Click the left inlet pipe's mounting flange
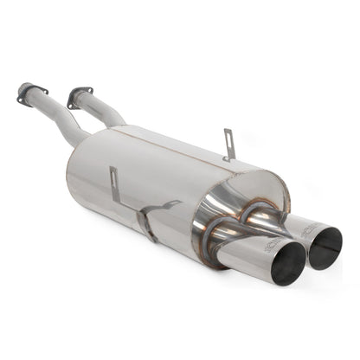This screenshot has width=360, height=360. pyautogui.click(x=32, y=93)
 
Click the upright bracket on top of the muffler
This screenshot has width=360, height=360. pyautogui.click(x=228, y=145)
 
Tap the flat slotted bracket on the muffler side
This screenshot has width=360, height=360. pyautogui.click(x=115, y=183)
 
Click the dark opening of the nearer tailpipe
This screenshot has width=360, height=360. pyautogui.click(x=289, y=262)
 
